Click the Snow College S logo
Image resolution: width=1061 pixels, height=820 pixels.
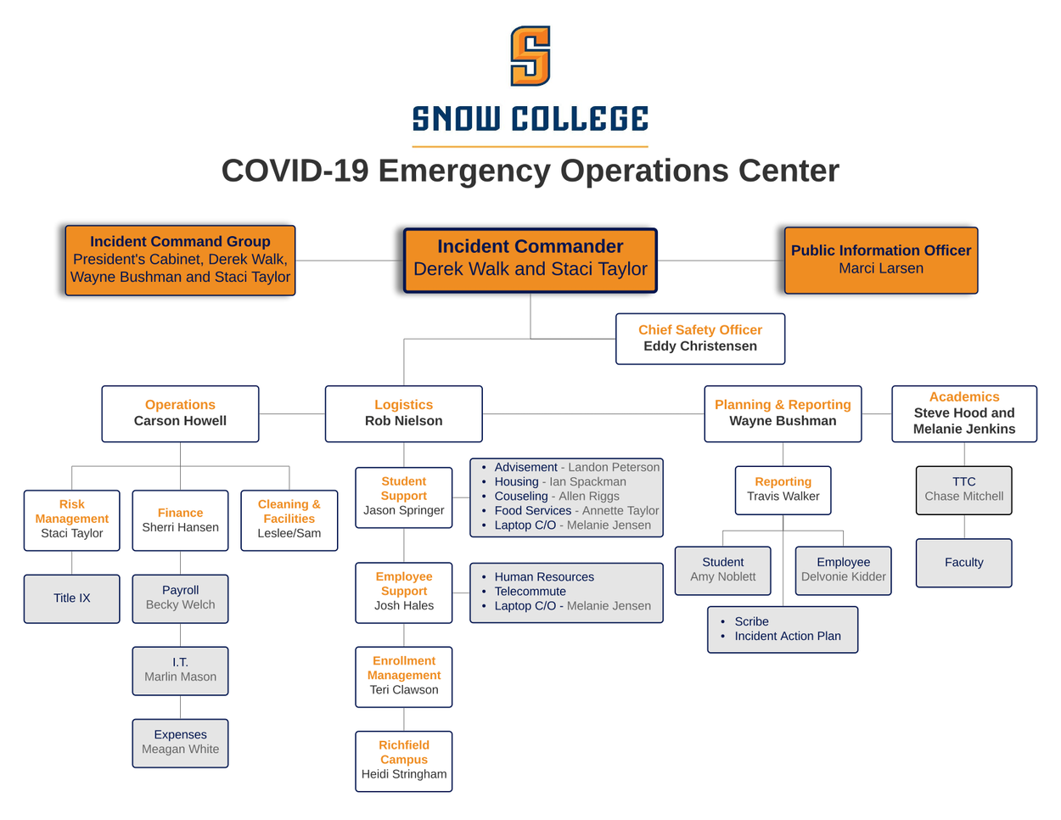(x=530, y=56)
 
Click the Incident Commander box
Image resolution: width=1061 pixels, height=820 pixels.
(x=530, y=260)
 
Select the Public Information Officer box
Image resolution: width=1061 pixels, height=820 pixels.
(x=881, y=260)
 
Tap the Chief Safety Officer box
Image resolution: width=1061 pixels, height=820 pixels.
(x=700, y=339)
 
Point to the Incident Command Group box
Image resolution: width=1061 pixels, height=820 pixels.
(x=180, y=260)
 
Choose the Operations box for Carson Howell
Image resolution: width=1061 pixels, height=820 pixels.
(x=180, y=413)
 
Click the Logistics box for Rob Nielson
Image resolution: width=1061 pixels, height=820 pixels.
(x=403, y=413)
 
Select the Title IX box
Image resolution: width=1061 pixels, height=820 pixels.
(x=72, y=598)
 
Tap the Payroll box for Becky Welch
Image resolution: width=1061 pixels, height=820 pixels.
(x=180, y=598)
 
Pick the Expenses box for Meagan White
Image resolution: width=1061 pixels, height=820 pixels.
(x=180, y=743)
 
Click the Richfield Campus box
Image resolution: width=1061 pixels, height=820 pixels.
(x=404, y=761)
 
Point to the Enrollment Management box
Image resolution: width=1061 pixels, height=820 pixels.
(x=404, y=676)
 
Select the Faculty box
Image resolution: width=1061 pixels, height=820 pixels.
(x=964, y=563)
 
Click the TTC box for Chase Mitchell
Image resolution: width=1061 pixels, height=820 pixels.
(x=964, y=490)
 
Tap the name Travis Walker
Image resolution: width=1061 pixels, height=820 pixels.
(x=783, y=497)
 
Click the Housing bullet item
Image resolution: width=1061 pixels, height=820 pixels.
(x=560, y=482)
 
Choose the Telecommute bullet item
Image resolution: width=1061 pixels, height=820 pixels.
(x=530, y=592)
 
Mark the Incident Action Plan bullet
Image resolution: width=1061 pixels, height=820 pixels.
(x=788, y=637)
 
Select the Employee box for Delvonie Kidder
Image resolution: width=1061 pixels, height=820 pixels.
(x=844, y=570)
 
